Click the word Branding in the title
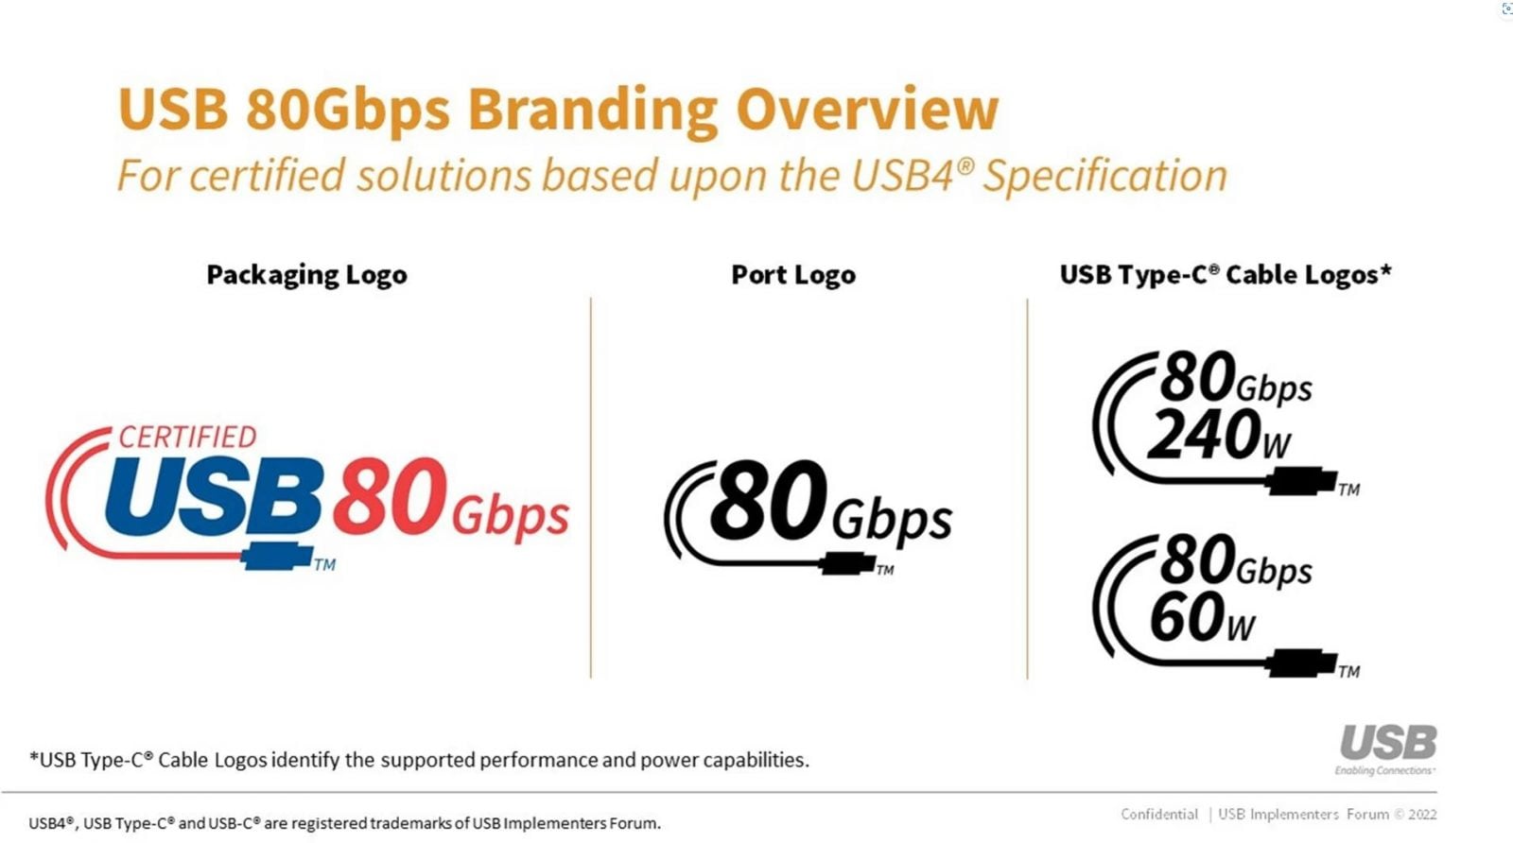[592, 110]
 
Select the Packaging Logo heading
[306, 275]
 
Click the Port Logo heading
[793, 275]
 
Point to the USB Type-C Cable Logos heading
[1226, 274]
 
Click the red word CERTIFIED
[188, 438]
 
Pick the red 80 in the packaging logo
[390, 496]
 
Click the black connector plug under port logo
[847, 563]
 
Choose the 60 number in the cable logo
[1187, 616]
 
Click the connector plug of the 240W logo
[1301, 481]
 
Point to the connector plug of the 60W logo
[1301, 662]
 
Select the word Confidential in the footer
[1159, 815]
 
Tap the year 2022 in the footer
[1422, 815]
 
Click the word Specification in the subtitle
[1105, 176]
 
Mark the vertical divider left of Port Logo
[590, 488]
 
